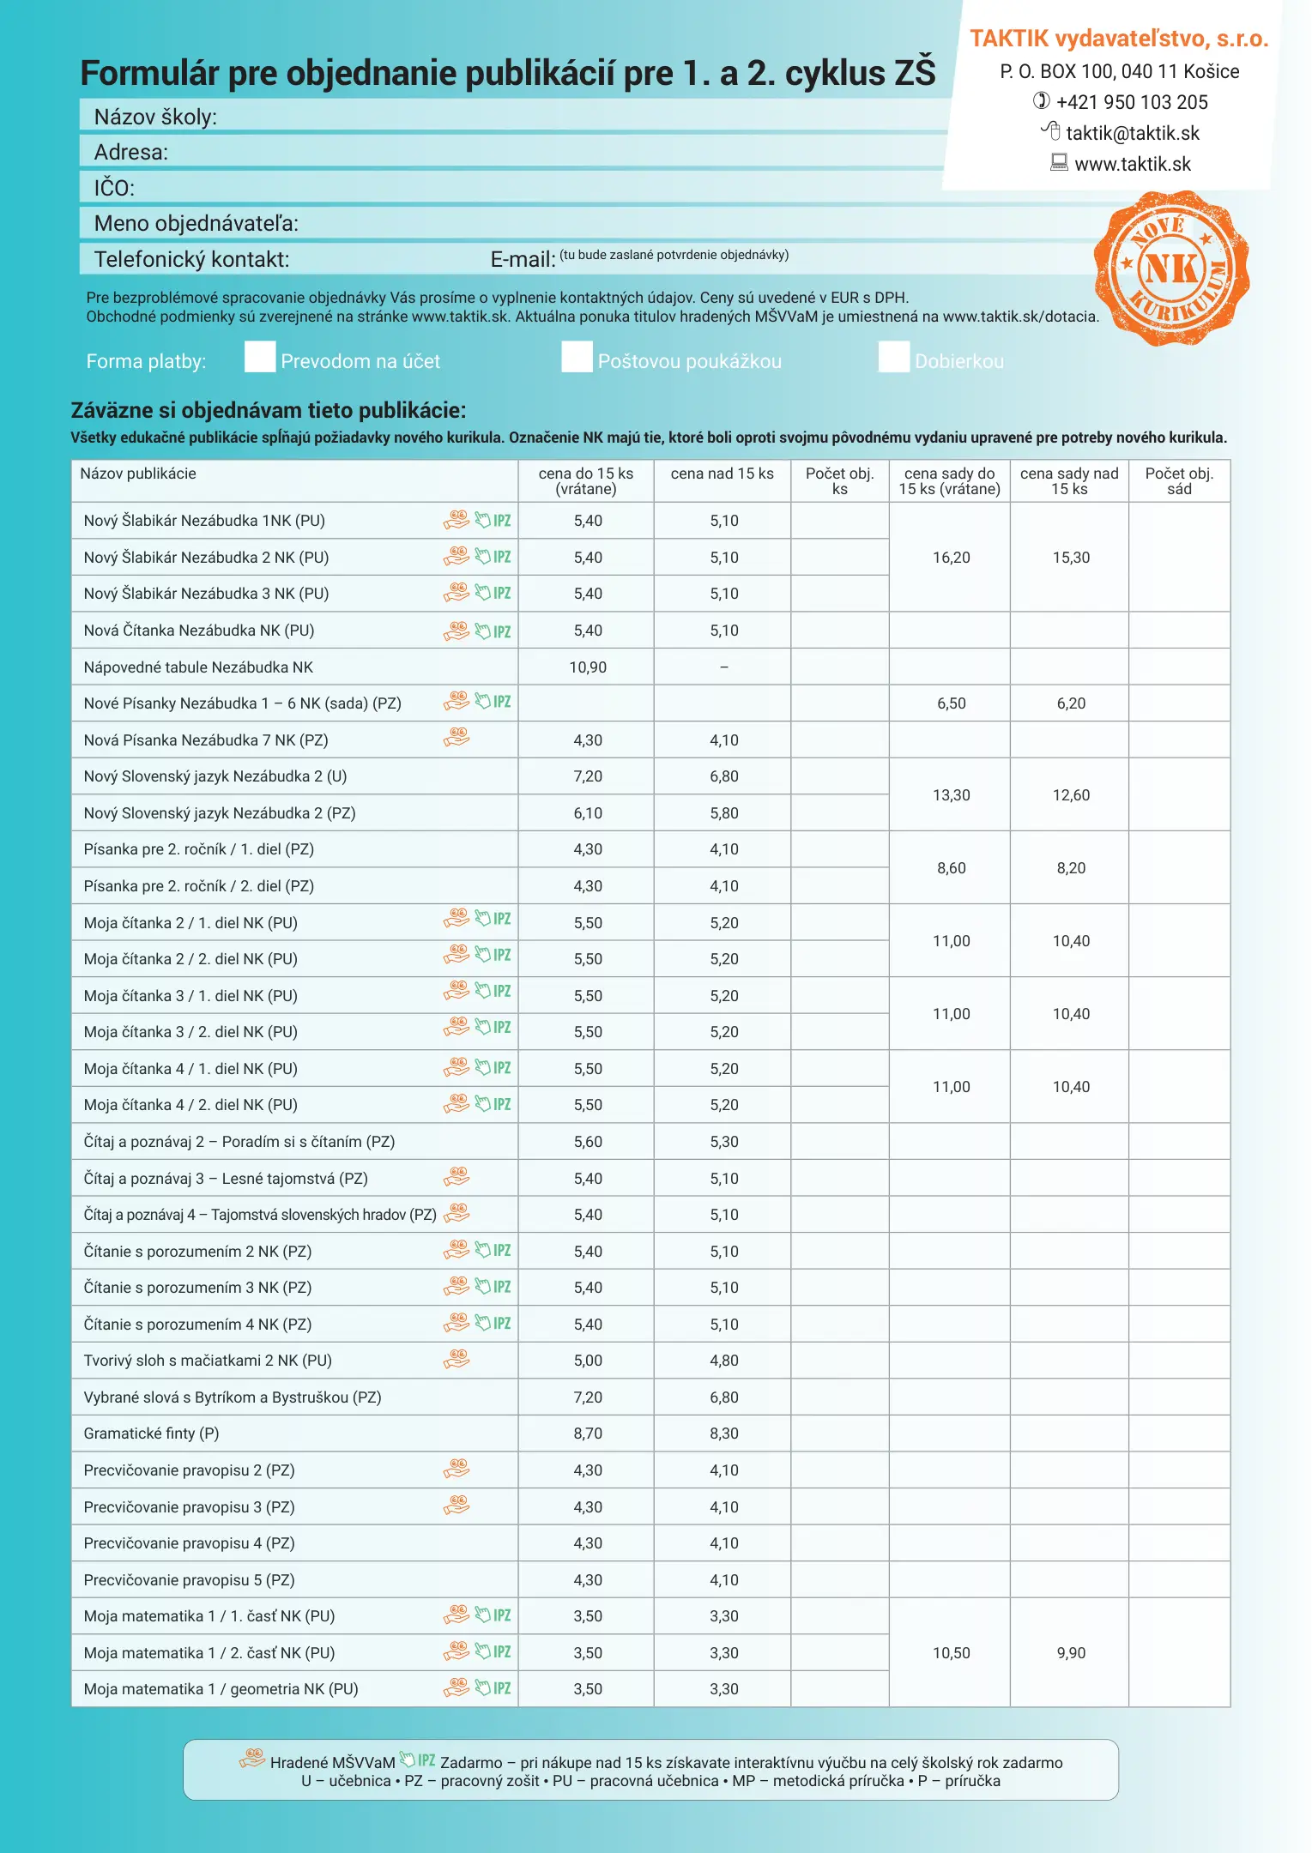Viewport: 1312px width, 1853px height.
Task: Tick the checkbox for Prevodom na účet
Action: pos(259,357)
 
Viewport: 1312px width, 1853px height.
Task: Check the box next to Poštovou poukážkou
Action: pos(577,357)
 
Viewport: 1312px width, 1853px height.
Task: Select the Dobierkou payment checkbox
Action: pos(893,357)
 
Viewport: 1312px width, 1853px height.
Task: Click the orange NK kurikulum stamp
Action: pos(1171,269)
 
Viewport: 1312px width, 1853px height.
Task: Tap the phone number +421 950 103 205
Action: pos(1131,102)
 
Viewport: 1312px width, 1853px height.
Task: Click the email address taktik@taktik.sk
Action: pos(1132,133)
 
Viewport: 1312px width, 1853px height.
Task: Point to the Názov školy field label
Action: pos(155,117)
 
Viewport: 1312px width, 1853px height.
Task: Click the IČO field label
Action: pos(114,188)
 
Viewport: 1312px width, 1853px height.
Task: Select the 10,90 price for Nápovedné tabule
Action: pos(588,667)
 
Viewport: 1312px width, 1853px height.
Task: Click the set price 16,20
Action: pos(951,558)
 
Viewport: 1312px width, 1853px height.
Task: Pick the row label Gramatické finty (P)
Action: pos(151,1434)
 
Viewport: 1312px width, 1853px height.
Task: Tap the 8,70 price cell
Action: pos(588,1434)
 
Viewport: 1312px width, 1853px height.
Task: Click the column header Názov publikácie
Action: pos(138,474)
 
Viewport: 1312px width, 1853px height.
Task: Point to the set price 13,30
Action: pos(951,795)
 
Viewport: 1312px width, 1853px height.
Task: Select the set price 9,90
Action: pos(1071,1653)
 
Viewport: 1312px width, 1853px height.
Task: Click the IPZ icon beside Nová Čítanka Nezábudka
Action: pos(494,631)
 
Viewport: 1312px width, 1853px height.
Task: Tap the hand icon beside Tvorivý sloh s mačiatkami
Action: pos(456,1359)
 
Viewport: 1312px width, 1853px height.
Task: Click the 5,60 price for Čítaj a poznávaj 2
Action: pos(588,1142)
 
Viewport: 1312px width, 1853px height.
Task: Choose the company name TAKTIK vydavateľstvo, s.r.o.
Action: pos(1119,39)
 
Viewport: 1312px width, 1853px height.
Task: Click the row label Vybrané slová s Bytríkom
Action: pos(233,1397)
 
